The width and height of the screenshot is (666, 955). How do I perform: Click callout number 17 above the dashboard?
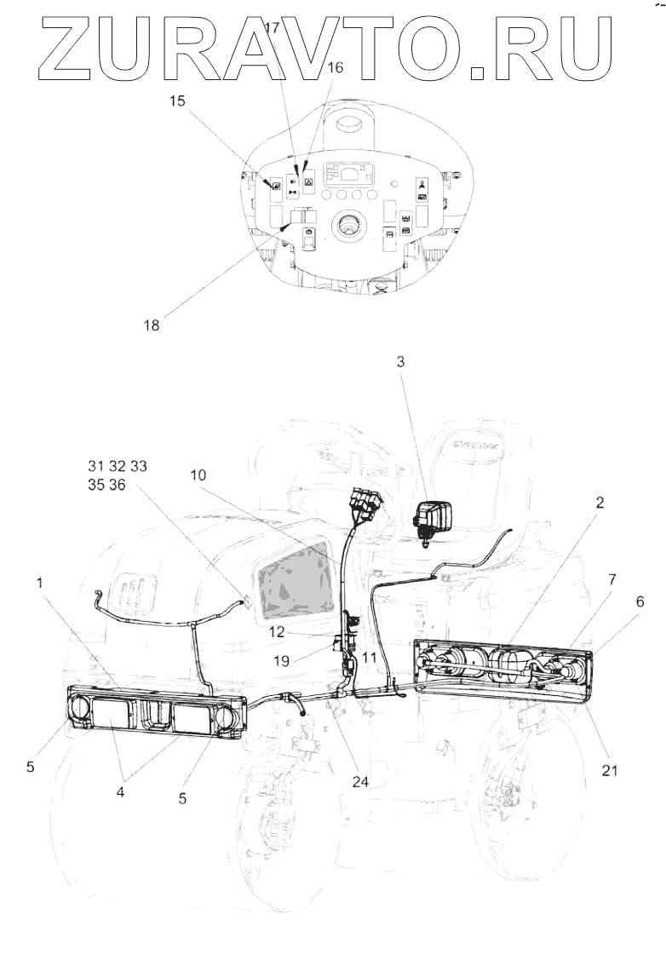click(x=272, y=28)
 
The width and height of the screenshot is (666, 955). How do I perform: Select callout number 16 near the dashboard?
click(x=335, y=67)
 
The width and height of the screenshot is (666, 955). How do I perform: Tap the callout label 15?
click(x=177, y=101)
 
